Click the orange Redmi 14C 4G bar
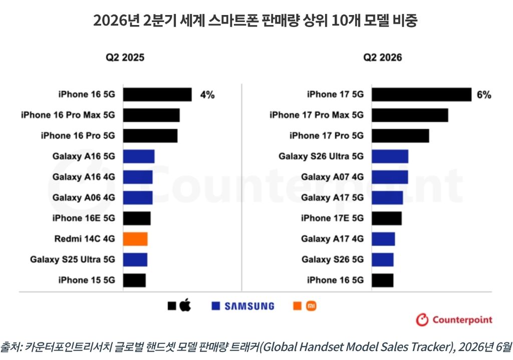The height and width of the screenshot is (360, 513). [x=135, y=239]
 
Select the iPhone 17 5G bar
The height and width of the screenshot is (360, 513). [x=421, y=95]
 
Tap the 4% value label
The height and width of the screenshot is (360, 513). [x=207, y=95]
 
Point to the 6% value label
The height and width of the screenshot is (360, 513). [x=484, y=95]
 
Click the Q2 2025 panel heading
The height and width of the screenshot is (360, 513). [x=125, y=58]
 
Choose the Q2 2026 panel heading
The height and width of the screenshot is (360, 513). [x=382, y=58]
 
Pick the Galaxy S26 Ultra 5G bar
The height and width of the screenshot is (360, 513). [x=390, y=156]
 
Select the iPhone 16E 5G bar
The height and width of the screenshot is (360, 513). [x=137, y=218]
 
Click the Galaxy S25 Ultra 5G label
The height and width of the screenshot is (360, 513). [x=73, y=260]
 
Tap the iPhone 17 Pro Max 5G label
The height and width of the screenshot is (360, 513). [x=317, y=115]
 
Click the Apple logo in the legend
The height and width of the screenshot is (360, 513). [x=185, y=305]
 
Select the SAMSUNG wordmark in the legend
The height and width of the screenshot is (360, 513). [x=249, y=306]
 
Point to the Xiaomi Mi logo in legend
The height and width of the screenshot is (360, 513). [x=311, y=306]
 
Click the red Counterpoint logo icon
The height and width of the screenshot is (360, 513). [x=422, y=320]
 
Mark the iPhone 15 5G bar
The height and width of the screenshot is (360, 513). [x=134, y=280]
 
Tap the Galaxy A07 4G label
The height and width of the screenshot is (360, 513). [x=333, y=177]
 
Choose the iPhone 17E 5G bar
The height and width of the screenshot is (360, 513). [x=387, y=218]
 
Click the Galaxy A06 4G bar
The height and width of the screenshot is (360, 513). [x=138, y=198]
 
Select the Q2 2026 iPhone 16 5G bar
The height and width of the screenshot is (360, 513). [x=382, y=280]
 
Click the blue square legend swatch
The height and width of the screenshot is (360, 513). [x=215, y=306]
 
